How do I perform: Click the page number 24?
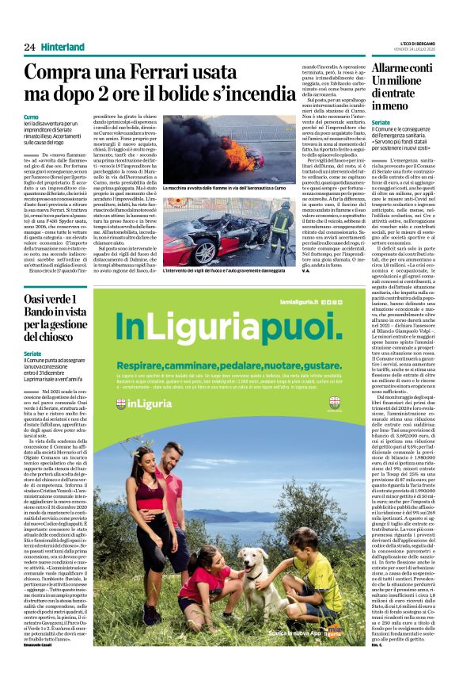click(x=29, y=46)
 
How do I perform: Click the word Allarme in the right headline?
click(x=393, y=71)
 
